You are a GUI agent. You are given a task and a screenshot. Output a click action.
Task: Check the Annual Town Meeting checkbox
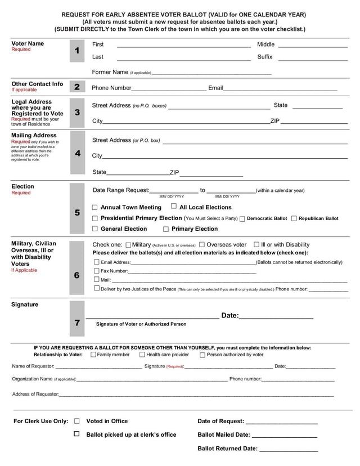click(95, 208)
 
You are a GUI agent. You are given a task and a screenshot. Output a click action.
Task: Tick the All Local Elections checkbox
click(174, 207)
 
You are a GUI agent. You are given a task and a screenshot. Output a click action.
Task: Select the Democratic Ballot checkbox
click(242, 218)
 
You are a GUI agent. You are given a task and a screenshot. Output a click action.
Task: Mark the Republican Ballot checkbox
click(294, 218)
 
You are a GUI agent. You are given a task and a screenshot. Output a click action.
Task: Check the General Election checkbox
click(95, 228)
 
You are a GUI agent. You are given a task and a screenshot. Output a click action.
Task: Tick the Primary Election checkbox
click(166, 229)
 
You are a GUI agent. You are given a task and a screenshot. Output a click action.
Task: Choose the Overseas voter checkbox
click(202, 245)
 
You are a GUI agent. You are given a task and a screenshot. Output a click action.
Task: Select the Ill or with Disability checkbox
click(256, 245)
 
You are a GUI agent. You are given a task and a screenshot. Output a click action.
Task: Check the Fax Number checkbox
click(96, 271)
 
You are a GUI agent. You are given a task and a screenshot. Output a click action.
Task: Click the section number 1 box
click(77, 51)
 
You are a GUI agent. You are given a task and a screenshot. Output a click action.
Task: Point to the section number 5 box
click(77, 213)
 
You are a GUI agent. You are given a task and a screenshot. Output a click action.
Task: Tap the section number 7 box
click(77, 322)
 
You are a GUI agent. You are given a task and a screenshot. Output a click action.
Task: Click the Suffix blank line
click(313, 59)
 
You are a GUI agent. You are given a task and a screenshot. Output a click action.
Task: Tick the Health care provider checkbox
click(142, 355)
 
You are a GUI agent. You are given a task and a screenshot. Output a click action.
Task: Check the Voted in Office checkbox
click(77, 421)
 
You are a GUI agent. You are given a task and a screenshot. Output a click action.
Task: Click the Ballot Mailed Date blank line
click(285, 436)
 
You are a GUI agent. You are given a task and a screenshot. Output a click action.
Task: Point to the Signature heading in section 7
click(25, 305)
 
